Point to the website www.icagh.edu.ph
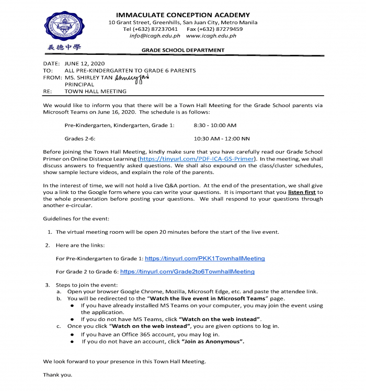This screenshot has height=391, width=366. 211,36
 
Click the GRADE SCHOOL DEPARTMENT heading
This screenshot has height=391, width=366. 183,51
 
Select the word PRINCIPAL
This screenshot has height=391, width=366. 79,84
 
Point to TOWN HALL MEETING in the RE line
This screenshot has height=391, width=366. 95,91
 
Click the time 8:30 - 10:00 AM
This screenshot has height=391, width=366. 215,125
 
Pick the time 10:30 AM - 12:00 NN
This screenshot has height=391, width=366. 222,139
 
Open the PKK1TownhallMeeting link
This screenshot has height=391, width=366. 204,258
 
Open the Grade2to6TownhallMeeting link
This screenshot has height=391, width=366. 187,272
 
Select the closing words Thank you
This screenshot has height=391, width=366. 58,375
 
